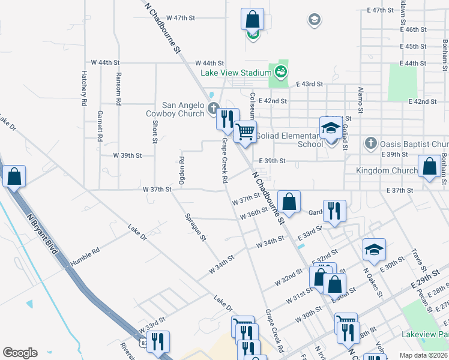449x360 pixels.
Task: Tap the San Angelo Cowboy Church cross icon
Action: (x=212, y=109)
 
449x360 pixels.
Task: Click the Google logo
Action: (x=20, y=353)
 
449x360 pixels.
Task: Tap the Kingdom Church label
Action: (x=387, y=171)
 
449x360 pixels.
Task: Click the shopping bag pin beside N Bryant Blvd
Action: (x=14, y=176)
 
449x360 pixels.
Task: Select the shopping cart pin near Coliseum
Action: (x=245, y=131)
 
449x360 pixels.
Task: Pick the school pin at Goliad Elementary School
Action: (x=330, y=128)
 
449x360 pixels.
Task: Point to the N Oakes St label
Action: (x=373, y=281)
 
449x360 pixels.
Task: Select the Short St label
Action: (x=154, y=131)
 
